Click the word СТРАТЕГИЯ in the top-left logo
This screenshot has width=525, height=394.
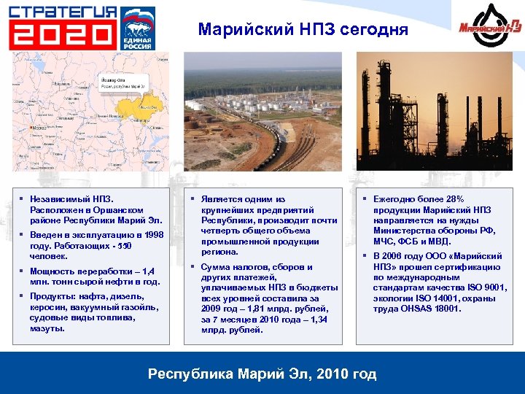pos(62,12)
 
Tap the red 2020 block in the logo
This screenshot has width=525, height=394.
pos(62,34)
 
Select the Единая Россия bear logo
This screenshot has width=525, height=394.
pos(137,28)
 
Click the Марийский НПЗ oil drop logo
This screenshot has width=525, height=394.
pos(490,28)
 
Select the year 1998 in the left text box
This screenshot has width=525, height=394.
pos(153,235)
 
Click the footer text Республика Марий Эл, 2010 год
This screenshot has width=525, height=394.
pos(262,374)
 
